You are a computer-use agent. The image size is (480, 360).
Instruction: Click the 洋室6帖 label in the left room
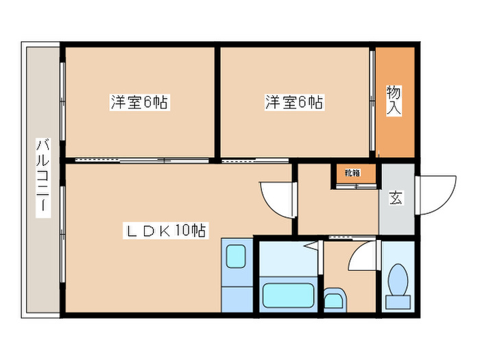tap(140, 103)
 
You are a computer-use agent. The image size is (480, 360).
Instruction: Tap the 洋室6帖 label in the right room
tap(294, 103)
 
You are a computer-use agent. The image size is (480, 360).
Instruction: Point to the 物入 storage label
tap(394, 100)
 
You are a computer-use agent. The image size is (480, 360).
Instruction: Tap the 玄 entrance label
tap(396, 198)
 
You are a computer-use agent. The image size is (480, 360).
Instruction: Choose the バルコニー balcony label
tap(43, 178)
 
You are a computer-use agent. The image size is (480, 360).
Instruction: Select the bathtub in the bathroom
tap(288, 296)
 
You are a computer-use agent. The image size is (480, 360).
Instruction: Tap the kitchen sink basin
tap(237, 256)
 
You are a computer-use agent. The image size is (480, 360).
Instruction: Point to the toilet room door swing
tap(361, 258)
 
